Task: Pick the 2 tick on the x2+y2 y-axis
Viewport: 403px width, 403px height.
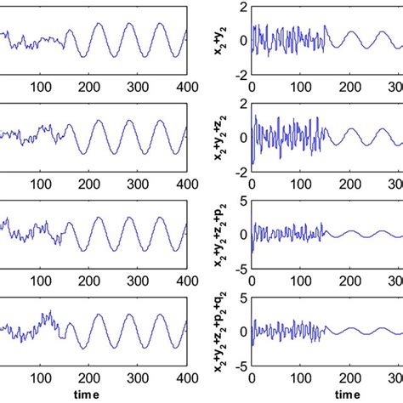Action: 243,8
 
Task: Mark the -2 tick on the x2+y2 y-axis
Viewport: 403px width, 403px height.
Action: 241,74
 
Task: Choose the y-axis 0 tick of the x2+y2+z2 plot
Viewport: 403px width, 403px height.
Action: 243,138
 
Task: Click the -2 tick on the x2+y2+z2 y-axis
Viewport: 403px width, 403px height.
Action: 241,171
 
